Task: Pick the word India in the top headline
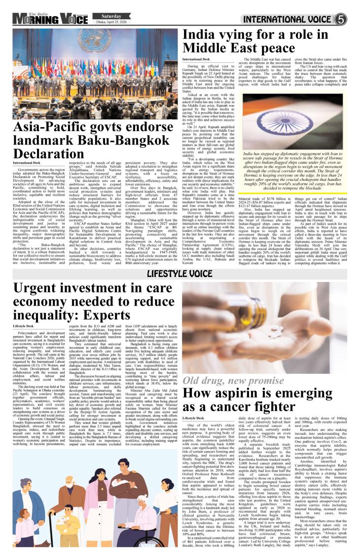point(202,35)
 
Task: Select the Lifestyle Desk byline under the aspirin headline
point(193,418)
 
